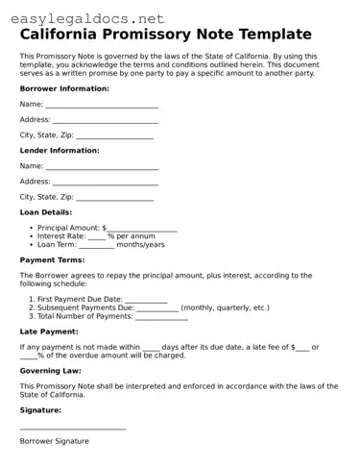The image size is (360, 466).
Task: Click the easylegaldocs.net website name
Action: [x=84, y=17]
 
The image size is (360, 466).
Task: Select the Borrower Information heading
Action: [x=64, y=88]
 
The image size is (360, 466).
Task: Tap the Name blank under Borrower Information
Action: [x=102, y=105]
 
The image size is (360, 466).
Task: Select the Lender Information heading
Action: [x=60, y=151]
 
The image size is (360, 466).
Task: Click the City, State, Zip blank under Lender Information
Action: [x=114, y=197]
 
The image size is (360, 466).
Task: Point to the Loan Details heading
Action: [x=46, y=212]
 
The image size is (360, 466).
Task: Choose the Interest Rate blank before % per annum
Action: [x=96, y=236]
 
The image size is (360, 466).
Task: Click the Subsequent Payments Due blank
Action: [x=156, y=307]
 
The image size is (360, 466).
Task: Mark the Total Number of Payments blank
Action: [x=161, y=316]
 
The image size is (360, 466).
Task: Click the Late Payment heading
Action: [x=49, y=331]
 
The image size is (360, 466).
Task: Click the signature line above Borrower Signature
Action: [x=73, y=428]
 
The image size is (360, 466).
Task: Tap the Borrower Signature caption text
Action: [x=55, y=441]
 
